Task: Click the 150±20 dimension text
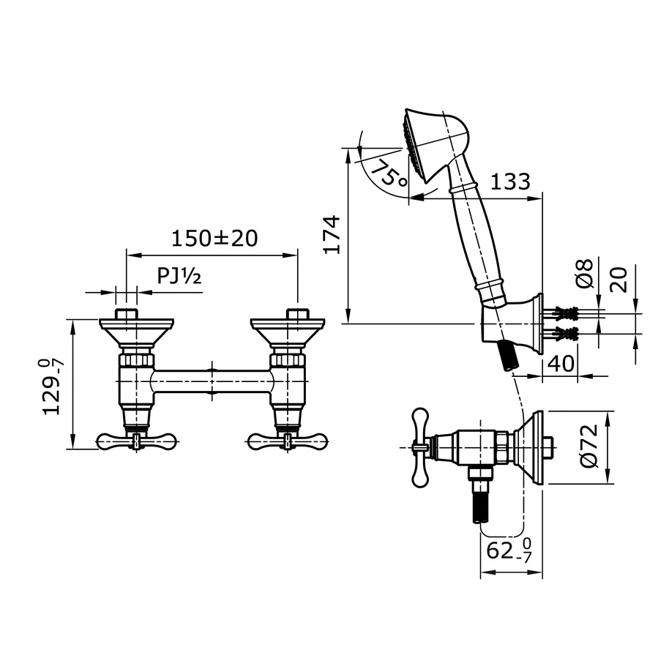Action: pyautogui.click(x=214, y=239)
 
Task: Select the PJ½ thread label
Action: pyautogui.click(x=179, y=277)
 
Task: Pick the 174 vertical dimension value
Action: pyautogui.click(x=333, y=234)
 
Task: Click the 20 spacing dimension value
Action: pyautogui.click(x=620, y=278)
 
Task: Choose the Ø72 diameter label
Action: pyautogui.click(x=591, y=447)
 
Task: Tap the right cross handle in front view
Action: pyautogui.click(x=288, y=441)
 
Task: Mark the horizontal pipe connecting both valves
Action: pyautogui.click(x=212, y=381)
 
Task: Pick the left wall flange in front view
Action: pyautogui.click(x=137, y=329)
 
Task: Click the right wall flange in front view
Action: pyautogui.click(x=287, y=329)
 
